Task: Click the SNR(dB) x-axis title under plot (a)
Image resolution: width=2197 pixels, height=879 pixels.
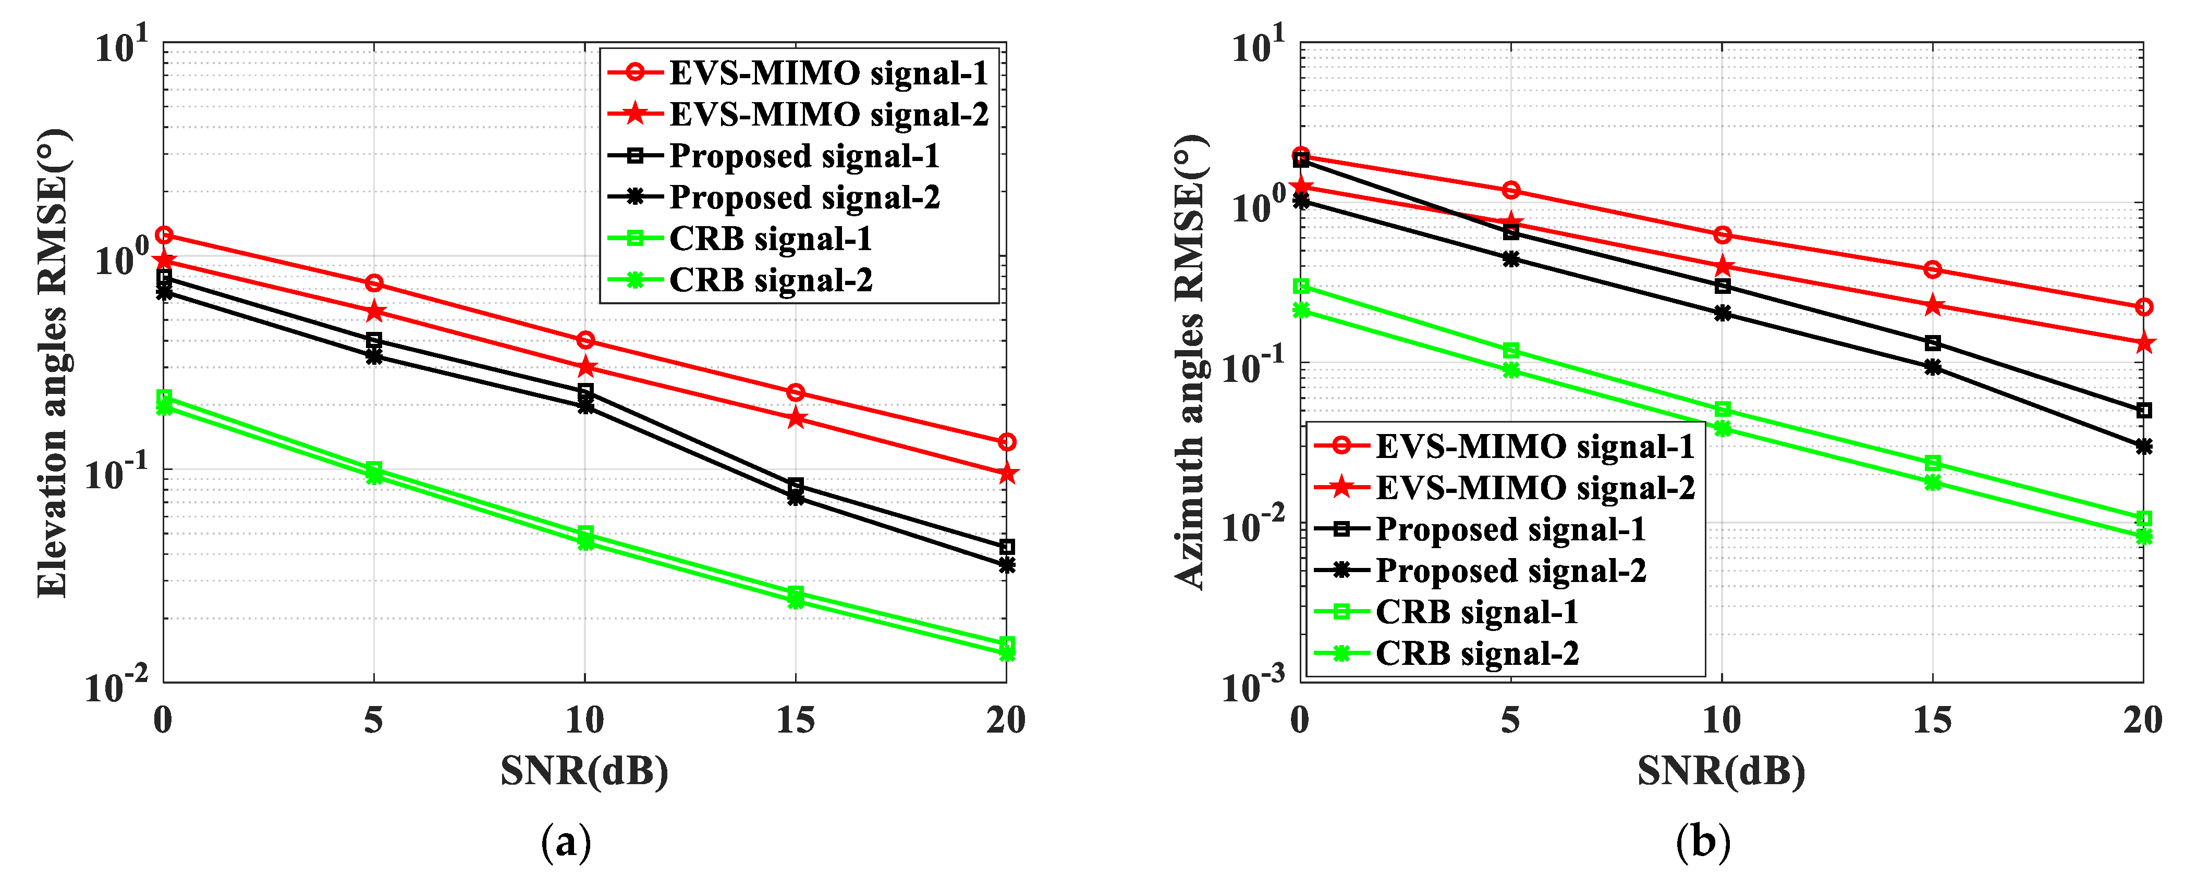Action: pos(584,771)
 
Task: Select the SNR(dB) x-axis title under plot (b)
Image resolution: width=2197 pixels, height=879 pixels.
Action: pos(1721,771)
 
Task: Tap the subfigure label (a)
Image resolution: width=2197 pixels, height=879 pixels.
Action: pos(566,843)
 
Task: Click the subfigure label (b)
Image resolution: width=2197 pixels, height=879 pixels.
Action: pos(1702,843)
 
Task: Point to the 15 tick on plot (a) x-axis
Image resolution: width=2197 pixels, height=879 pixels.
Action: pos(795,721)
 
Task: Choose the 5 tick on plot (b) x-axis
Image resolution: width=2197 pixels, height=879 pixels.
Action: pos(1510,721)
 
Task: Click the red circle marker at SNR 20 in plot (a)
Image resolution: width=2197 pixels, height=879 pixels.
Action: pos(1006,442)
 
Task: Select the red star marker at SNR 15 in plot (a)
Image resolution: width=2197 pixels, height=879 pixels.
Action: pos(796,418)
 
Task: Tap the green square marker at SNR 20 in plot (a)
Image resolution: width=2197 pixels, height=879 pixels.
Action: pos(1006,643)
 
